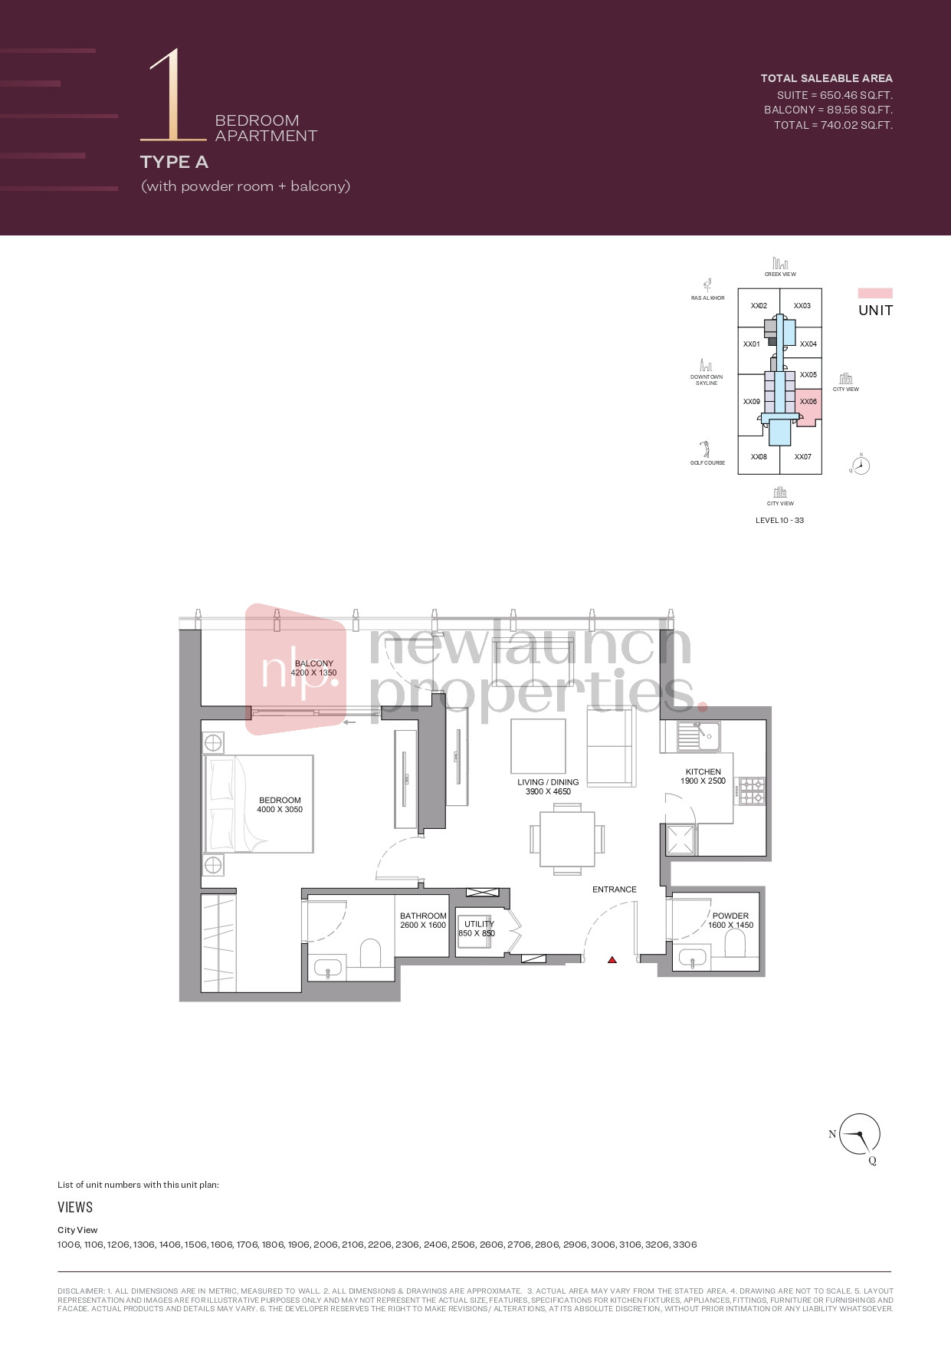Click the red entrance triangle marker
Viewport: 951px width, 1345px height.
[612, 959]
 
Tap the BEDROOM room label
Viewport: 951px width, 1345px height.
[280, 800]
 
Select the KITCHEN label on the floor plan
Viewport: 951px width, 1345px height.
[703, 771]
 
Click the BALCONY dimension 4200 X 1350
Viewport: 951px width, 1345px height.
[313, 672]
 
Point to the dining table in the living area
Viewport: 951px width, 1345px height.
[567, 839]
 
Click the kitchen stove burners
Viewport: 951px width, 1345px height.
[750, 791]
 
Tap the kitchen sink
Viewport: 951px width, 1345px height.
[698, 737]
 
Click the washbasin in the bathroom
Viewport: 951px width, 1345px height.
[327, 968]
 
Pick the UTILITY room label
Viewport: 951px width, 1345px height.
[479, 924]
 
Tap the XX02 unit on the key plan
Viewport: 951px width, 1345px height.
[759, 306]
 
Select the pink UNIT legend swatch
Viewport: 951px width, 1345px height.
[875, 293]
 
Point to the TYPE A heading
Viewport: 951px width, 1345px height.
[174, 162]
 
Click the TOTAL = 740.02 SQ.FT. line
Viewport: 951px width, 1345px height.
[833, 125]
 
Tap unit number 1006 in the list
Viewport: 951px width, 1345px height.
[68, 1245]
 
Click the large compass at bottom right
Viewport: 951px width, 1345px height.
[860, 1134]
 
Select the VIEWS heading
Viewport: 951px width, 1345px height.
[75, 1207]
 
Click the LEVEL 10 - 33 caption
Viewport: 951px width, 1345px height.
[779, 520]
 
